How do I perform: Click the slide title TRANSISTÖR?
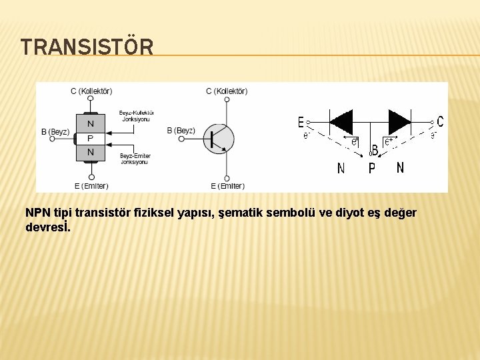point(87,47)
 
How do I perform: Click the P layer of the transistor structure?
point(91,138)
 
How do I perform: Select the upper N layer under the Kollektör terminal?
point(91,123)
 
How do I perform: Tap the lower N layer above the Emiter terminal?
point(91,153)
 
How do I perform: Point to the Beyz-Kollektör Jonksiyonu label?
point(136,115)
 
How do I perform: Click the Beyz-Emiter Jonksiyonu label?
point(135,159)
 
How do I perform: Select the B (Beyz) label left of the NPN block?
point(55,131)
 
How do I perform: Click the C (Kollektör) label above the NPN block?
point(91,91)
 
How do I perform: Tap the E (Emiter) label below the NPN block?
point(91,185)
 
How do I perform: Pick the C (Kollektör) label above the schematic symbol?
point(227,91)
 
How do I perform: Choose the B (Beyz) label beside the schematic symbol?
point(181,131)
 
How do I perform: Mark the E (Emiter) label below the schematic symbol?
point(227,185)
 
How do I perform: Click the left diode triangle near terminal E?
point(342,122)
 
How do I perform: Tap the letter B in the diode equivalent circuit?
point(375,150)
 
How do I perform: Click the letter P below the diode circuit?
point(372,169)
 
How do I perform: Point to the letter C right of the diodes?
point(440,121)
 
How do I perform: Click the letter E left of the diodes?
point(301,123)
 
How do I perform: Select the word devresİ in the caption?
point(48,227)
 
